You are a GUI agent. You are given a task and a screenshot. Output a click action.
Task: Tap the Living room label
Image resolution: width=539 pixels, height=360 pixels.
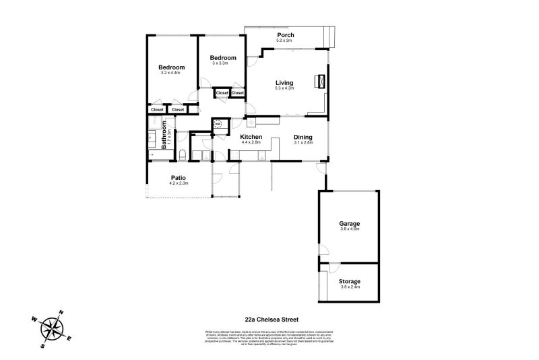[284, 83]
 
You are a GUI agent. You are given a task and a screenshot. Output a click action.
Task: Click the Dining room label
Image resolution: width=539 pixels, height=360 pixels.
[303, 137]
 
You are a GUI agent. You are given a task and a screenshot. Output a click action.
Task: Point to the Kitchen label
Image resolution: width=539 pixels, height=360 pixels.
[251, 137]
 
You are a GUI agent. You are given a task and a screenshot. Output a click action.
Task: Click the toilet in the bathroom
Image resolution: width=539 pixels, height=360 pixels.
[183, 156]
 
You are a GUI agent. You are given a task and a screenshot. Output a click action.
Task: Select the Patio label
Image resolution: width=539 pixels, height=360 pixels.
[178, 178]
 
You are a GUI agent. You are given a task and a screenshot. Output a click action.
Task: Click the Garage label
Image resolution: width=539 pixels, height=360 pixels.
[350, 223]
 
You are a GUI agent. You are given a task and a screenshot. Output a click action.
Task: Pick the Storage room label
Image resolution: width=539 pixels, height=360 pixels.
[350, 281]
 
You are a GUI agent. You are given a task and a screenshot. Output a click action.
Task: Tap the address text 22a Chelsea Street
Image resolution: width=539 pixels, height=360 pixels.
[272, 320]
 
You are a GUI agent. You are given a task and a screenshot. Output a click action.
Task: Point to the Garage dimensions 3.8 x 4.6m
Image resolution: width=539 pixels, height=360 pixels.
[350, 229]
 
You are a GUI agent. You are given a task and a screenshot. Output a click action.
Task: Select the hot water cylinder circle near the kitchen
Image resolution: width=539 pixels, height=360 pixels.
[218, 125]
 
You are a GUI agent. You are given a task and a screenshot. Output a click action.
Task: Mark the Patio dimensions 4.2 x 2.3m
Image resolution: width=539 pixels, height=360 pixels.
[178, 183]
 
